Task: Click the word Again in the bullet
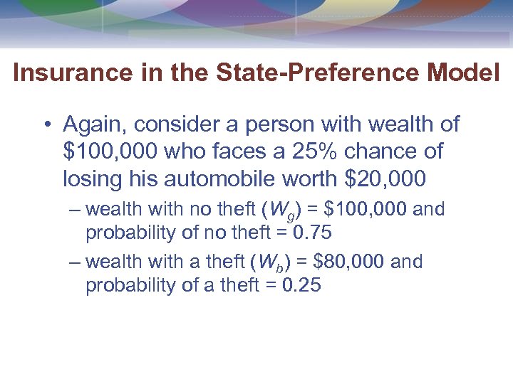pyautogui.click(x=91, y=125)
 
